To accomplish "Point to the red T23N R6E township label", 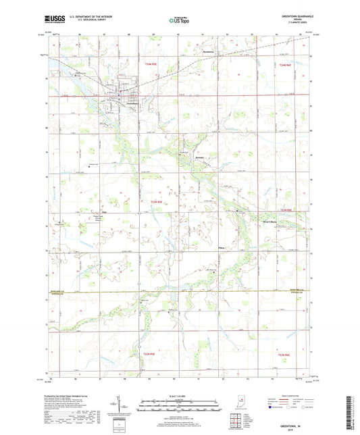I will click(x=287, y=209).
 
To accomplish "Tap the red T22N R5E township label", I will click(x=149, y=353).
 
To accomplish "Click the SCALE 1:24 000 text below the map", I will click(x=179, y=395).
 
